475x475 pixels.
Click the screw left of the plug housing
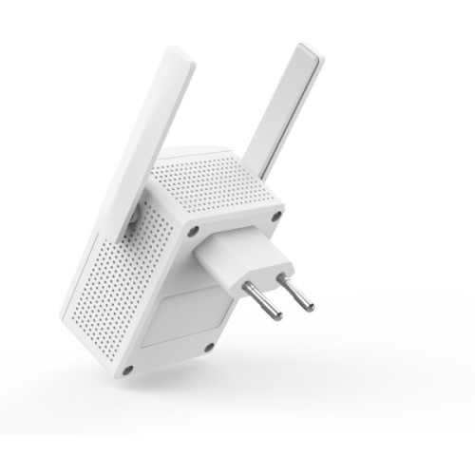tap(195, 231)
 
